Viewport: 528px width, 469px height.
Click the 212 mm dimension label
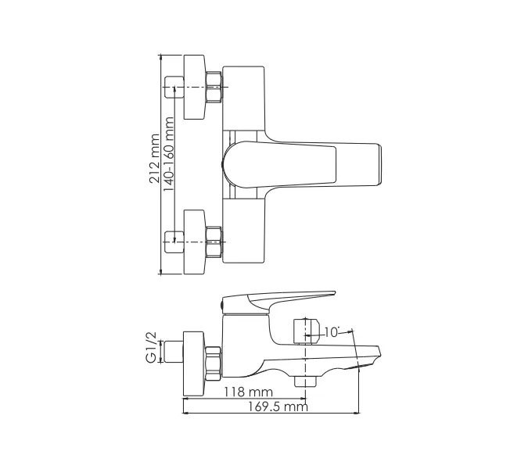click(x=155, y=159)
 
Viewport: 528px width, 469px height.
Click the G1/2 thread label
click(x=151, y=347)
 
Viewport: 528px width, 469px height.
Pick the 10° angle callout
click(x=331, y=332)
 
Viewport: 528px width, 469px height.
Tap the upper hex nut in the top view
click(x=214, y=87)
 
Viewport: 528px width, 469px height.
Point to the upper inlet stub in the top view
click(x=174, y=87)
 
